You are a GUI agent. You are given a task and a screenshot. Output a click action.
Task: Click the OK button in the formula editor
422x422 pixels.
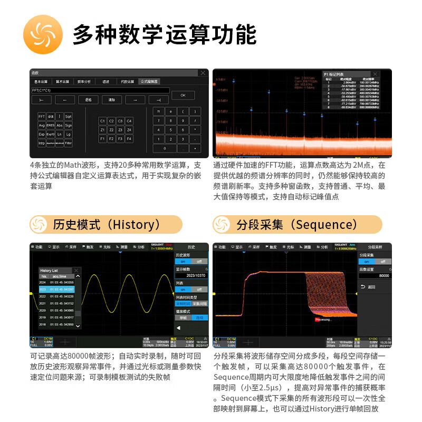(x=183, y=95)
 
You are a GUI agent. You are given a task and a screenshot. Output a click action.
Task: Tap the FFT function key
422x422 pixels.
(x=42, y=117)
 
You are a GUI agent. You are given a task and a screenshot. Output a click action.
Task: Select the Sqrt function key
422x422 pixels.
(x=69, y=117)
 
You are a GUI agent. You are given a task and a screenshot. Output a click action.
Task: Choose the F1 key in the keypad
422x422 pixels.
(x=103, y=139)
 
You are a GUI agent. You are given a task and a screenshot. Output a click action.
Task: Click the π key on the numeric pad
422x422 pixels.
(x=157, y=112)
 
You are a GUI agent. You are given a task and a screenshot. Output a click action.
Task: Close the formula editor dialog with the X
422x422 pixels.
(x=203, y=73)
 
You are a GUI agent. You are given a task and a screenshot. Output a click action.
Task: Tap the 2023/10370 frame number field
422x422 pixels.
(x=192, y=275)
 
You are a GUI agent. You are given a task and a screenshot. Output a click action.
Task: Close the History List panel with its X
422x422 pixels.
(x=76, y=270)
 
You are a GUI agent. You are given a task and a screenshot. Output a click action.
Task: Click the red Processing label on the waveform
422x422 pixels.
(x=323, y=319)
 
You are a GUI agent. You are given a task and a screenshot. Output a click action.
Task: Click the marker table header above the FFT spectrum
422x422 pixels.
(x=351, y=74)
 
